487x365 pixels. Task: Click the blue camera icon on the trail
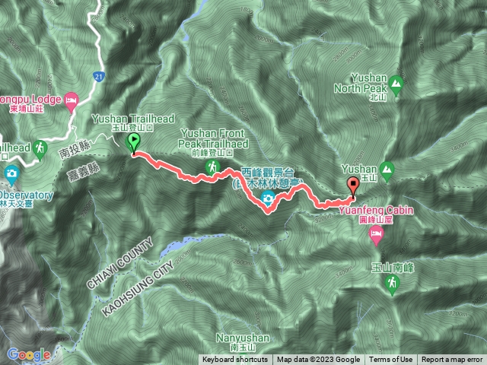[268, 199]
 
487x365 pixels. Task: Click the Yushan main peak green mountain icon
[387, 168]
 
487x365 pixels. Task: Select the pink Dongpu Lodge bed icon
[72, 99]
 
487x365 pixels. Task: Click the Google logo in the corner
[28, 354]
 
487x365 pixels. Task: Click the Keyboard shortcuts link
[234, 360]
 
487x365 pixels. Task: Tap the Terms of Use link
[391, 360]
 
